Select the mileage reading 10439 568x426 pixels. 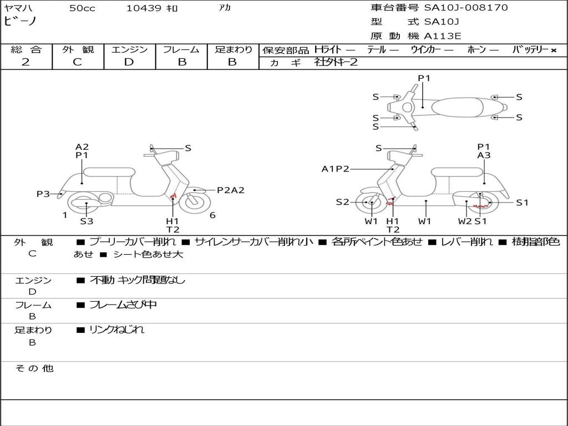coord(144,8)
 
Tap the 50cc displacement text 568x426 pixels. coord(82,8)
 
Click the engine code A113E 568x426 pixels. coord(443,36)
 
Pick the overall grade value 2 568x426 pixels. coord(26,62)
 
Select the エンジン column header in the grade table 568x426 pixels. coord(129,49)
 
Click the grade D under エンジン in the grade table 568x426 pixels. coord(129,62)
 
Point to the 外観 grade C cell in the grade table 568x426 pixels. coord(78,62)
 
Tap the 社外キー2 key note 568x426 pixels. coord(336,62)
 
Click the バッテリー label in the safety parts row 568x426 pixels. coord(530,50)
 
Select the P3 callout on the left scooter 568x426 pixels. coord(43,194)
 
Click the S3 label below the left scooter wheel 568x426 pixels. coord(87,221)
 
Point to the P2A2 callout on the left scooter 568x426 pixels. coord(230,190)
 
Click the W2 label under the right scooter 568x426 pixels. coord(464,221)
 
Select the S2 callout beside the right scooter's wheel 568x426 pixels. coord(342,202)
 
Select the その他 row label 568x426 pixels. coord(34,368)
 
